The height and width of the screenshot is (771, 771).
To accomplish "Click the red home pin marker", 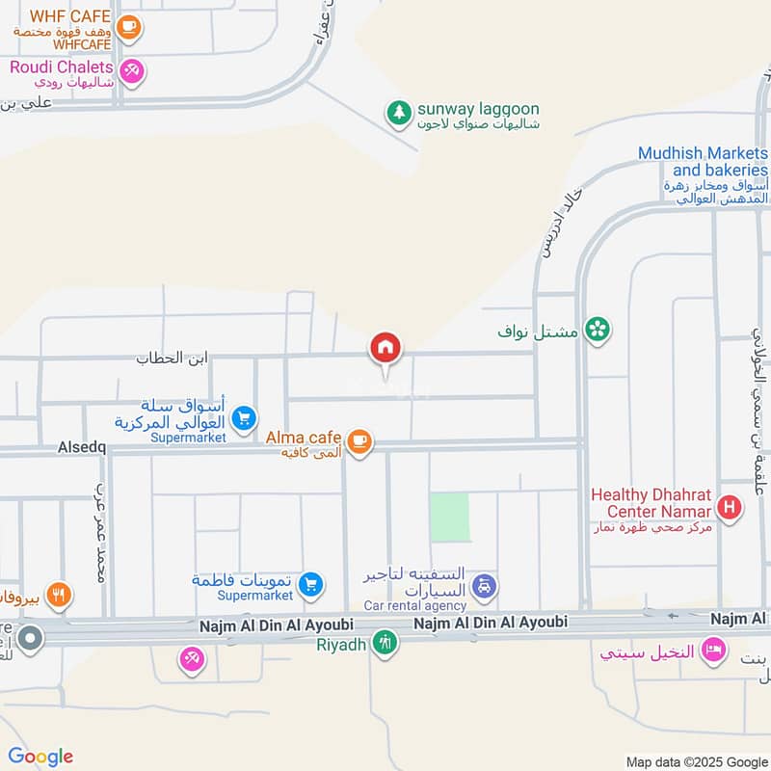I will tap(385, 349).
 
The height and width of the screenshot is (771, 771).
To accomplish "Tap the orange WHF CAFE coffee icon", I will tap(128, 27).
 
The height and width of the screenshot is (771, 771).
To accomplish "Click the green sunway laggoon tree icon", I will tap(398, 113).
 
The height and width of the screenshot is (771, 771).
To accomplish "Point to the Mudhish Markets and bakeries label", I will tap(703, 162).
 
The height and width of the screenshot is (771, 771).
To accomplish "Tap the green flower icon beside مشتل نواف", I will tap(598, 331).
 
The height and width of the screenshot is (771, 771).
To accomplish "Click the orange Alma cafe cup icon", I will tap(359, 441).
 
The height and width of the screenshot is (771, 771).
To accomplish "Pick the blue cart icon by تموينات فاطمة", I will tap(309, 583).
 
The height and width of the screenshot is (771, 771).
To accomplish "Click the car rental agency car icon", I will tap(485, 586).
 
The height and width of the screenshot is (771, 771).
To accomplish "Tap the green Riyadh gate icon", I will tap(385, 641).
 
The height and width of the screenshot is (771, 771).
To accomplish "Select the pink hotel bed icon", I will tap(713, 651).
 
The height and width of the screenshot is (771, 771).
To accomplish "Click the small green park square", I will tap(449, 517).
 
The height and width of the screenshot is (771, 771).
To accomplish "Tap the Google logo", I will tap(40, 757).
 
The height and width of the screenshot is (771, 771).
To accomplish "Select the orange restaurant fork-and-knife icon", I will tap(59, 596).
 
